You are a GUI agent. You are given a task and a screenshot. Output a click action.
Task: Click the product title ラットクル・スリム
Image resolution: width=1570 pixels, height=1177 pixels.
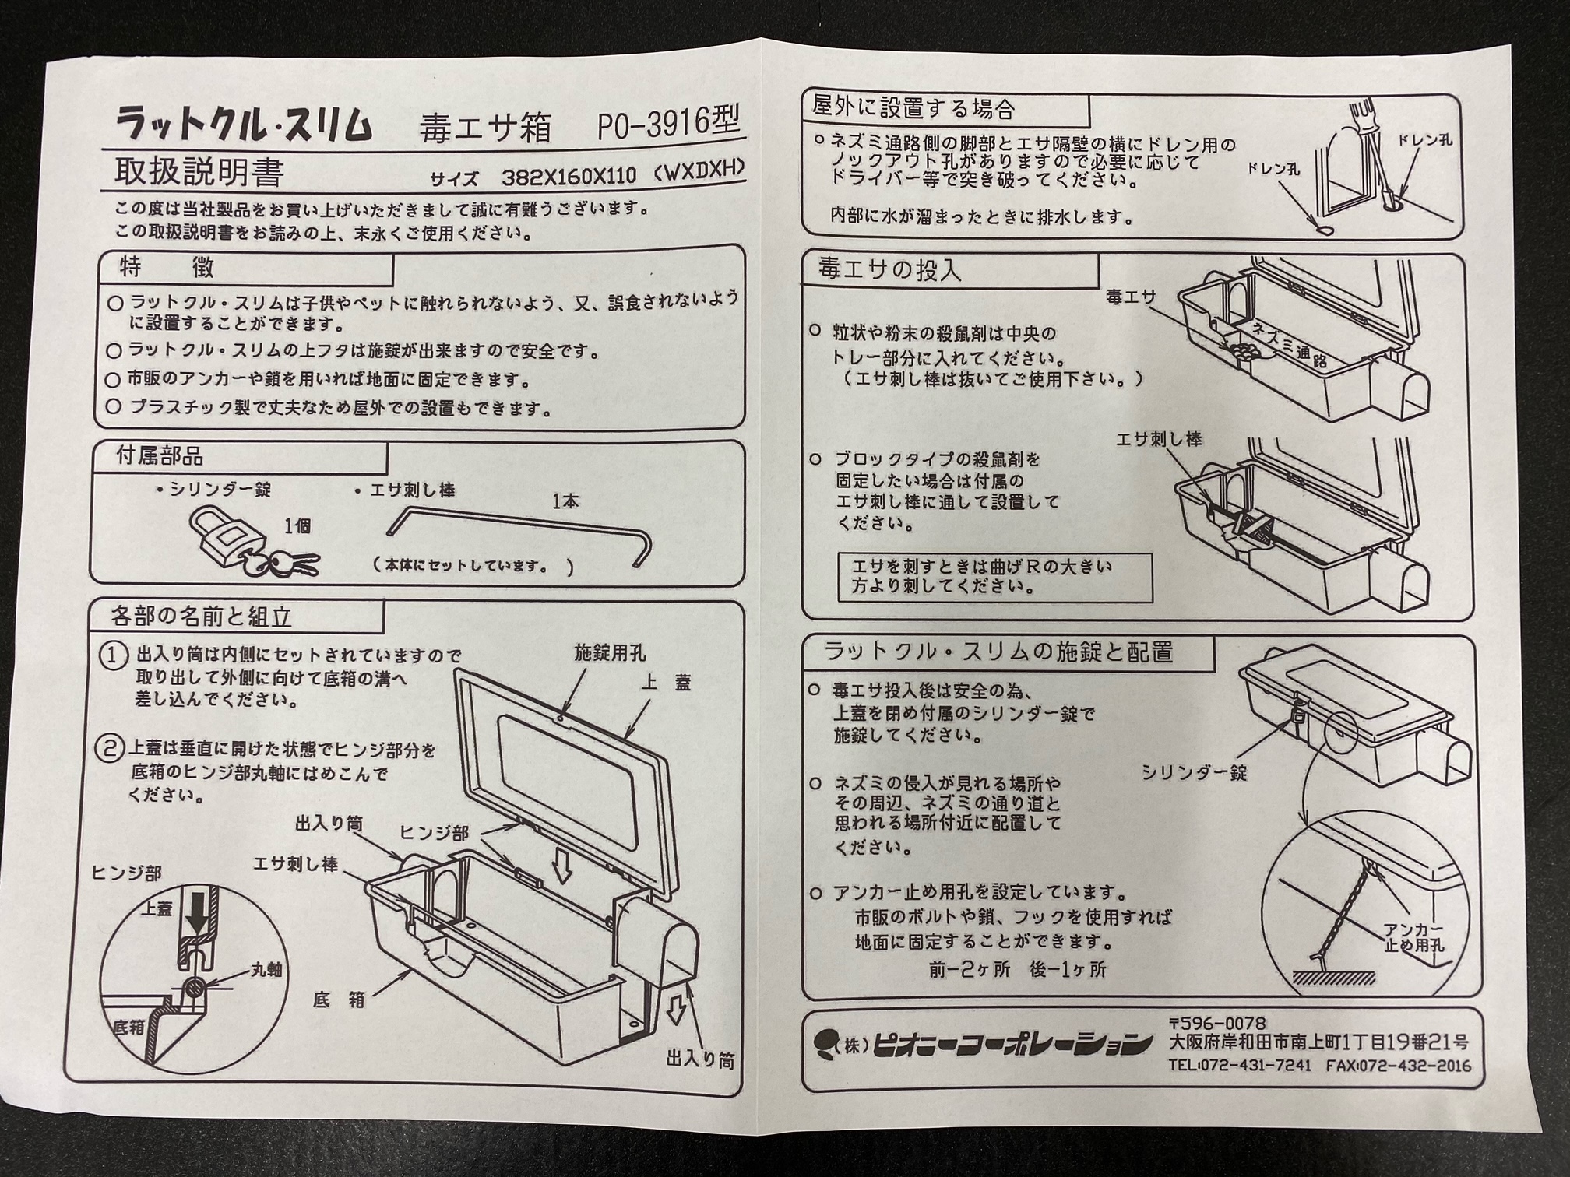click(x=243, y=125)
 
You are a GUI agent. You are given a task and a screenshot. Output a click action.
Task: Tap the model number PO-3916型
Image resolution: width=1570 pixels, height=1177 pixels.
click(x=667, y=124)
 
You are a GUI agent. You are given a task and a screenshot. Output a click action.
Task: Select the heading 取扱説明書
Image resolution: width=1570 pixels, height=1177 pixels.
click(x=199, y=172)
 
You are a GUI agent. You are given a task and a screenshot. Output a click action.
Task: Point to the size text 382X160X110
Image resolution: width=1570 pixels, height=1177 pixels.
click(x=569, y=177)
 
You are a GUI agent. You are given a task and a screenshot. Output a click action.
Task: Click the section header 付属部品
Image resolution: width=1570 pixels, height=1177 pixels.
click(x=160, y=456)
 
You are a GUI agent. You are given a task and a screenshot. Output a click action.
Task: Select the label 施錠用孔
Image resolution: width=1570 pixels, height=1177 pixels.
click(x=610, y=652)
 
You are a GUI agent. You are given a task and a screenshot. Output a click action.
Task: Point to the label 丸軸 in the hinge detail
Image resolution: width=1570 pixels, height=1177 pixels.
click(x=266, y=970)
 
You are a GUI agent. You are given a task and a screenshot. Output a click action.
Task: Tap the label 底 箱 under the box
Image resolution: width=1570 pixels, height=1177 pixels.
click(x=339, y=1000)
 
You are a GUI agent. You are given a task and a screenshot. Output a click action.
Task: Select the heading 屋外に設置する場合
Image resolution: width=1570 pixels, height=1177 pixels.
click(x=913, y=107)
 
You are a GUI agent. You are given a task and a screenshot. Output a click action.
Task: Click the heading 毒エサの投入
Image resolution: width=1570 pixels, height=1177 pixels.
click(x=889, y=269)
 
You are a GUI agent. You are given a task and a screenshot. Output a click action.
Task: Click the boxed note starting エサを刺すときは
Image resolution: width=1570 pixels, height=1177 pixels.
click(x=994, y=577)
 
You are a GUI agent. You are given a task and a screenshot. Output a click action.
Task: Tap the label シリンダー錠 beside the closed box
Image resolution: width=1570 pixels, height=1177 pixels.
click(x=1194, y=771)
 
